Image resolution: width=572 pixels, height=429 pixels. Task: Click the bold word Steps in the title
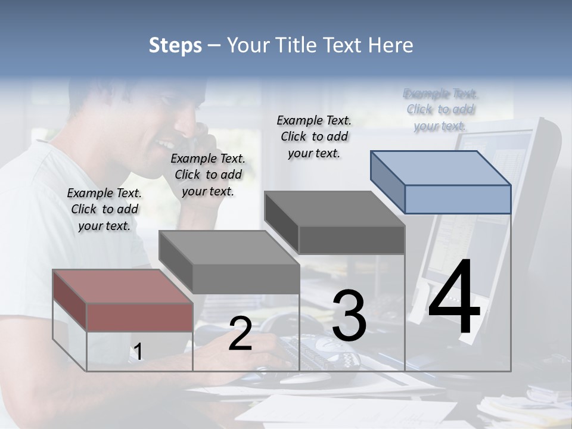point(175,45)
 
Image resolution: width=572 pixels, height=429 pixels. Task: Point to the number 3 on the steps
point(349,316)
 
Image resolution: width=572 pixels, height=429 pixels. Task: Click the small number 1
point(138,352)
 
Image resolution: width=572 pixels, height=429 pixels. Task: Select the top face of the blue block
point(441,167)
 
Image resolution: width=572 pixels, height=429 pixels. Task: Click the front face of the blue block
point(458,199)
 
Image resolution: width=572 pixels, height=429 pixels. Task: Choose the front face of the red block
point(139,317)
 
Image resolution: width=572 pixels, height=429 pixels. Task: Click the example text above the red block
point(104,209)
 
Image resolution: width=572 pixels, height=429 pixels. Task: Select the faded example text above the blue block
point(441,109)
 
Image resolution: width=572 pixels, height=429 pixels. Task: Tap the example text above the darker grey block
point(314,136)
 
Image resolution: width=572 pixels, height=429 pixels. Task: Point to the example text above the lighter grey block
point(208,175)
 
